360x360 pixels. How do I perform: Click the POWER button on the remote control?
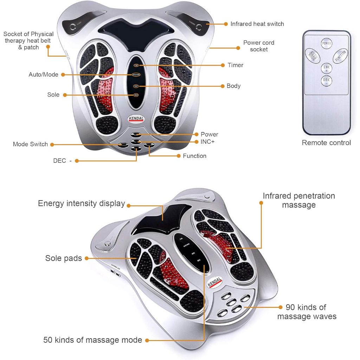[327, 43]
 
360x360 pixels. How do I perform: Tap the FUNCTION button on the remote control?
[340, 56]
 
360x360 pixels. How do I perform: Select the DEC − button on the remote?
[327, 81]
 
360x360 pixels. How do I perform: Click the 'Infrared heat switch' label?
[257, 24]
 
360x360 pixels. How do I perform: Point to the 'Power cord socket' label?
[259, 46]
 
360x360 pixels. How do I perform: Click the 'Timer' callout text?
[235, 65]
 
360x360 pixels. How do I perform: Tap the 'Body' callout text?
[233, 86]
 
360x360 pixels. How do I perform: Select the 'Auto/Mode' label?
[43, 75]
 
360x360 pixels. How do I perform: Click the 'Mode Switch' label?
[30, 144]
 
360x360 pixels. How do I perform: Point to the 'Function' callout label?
[194, 156]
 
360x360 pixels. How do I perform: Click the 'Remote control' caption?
[326, 143]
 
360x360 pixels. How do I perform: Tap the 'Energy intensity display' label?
[81, 203]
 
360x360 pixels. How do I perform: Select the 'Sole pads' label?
[63, 258]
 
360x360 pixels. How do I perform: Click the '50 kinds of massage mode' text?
[92, 340]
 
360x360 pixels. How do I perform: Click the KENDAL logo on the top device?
[136, 119]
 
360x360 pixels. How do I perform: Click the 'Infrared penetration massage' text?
[298, 200]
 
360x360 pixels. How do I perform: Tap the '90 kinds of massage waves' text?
[307, 312]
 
